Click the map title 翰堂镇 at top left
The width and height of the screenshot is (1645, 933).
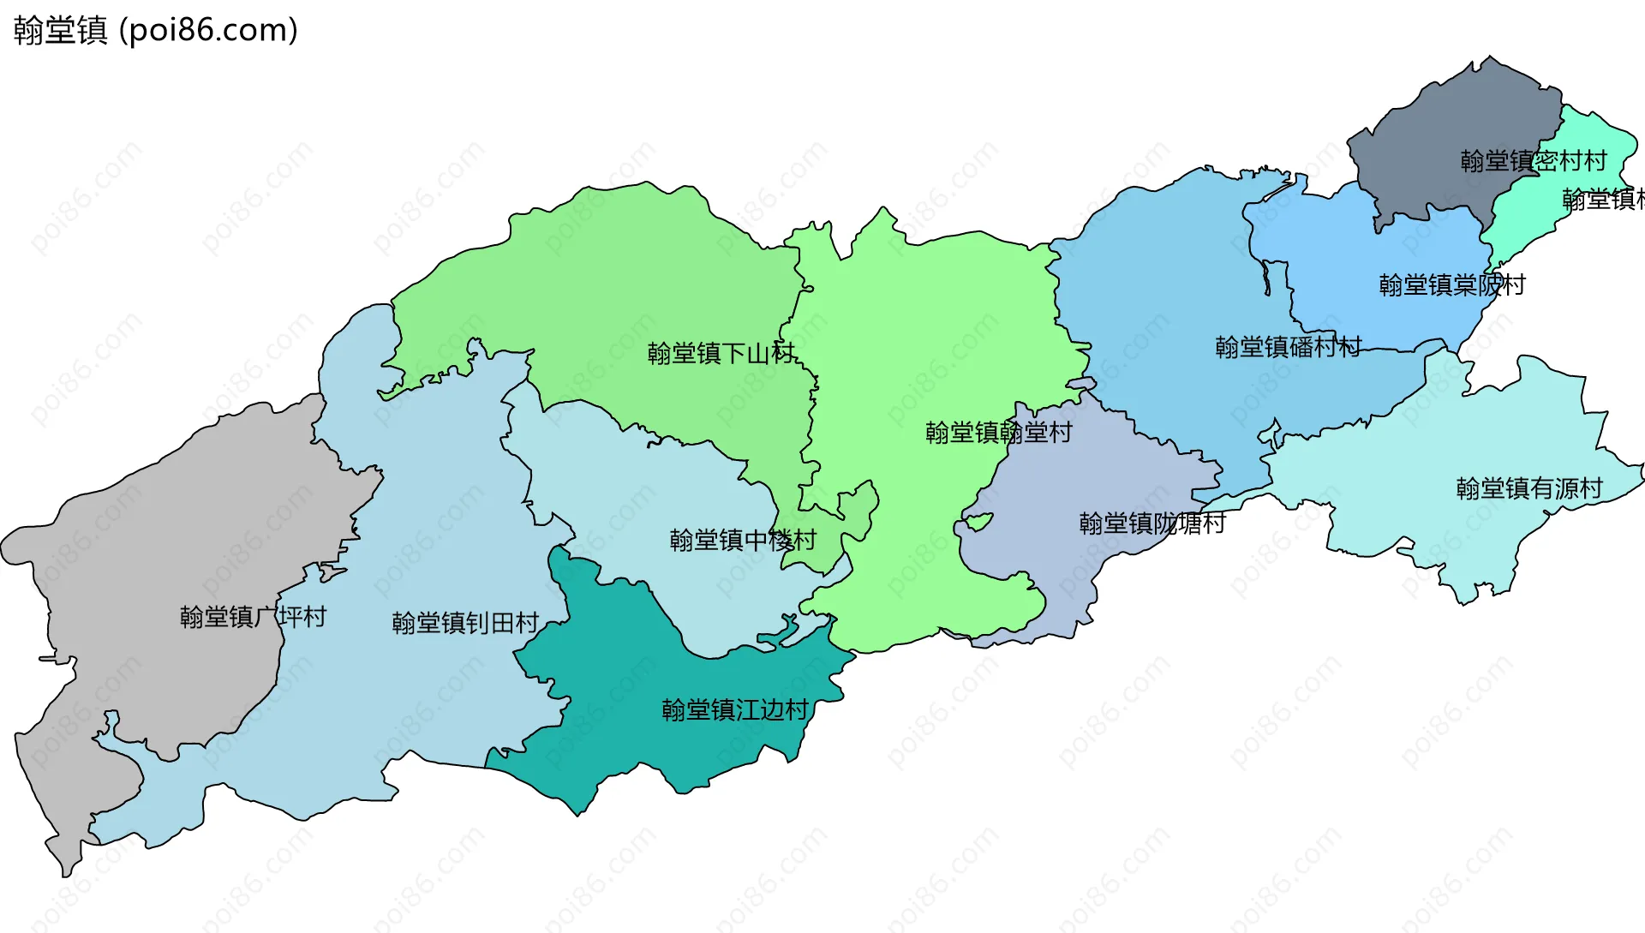(60, 30)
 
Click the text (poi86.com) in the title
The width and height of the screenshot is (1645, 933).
(208, 30)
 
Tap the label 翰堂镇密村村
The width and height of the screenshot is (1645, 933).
(1533, 161)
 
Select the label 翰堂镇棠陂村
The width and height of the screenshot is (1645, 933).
(1452, 284)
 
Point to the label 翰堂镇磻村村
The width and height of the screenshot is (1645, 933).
(1288, 347)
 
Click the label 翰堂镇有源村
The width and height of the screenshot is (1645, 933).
(1529, 488)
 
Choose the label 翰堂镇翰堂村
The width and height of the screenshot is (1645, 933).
(998, 432)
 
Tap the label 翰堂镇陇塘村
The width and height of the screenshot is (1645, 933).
(1152, 523)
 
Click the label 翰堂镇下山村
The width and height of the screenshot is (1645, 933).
(721, 353)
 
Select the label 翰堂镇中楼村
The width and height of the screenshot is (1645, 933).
(743, 540)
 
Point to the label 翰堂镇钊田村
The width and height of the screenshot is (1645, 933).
(465, 623)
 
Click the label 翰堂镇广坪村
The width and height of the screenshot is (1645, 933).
(253, 617)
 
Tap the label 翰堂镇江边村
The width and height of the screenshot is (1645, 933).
(735, 709)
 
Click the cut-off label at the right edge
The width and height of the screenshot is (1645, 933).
(1602, 200)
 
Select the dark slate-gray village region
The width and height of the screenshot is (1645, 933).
(1448, 129)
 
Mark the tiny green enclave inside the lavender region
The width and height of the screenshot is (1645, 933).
(978, 520)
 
